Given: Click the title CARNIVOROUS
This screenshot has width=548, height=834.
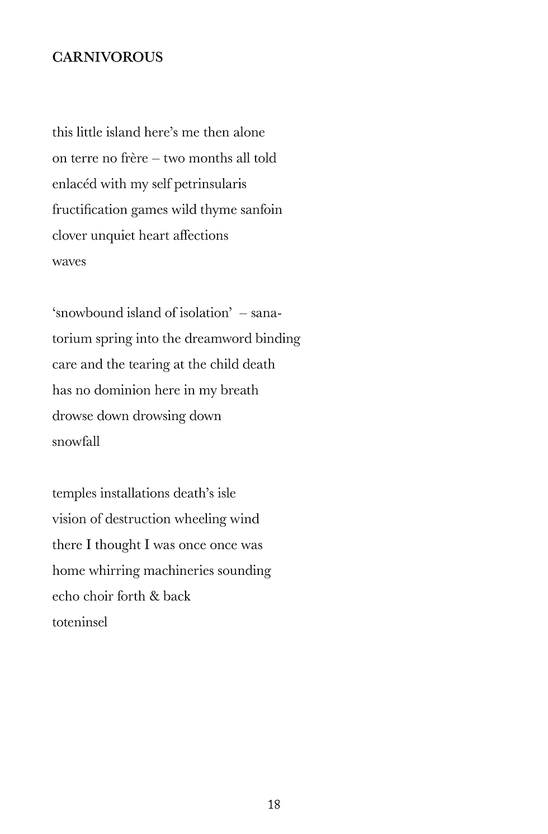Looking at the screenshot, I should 107,58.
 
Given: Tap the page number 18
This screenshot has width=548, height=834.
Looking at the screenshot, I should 274,804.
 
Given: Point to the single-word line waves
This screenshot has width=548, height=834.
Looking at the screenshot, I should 69,262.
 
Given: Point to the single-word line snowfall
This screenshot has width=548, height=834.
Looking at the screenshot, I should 76,442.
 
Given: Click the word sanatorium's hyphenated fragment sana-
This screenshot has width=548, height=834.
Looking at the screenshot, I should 266,313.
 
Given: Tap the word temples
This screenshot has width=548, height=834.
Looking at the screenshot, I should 74,494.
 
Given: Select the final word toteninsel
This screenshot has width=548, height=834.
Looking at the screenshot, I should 79,622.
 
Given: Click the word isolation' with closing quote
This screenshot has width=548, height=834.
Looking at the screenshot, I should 205,313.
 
